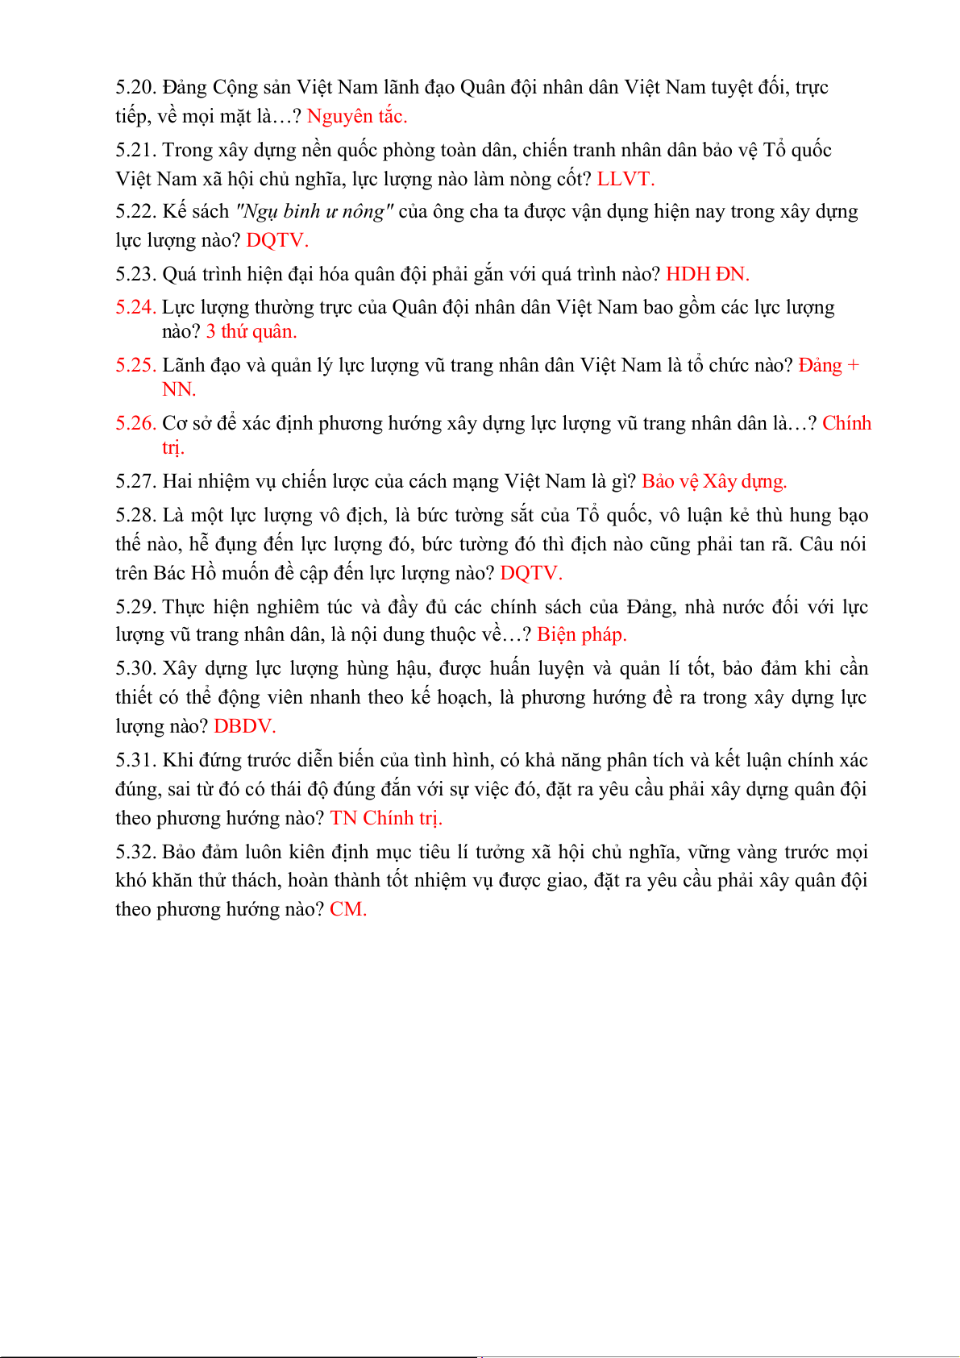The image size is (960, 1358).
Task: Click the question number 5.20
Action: pos(135,87)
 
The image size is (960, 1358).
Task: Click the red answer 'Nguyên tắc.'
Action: pos(357,116)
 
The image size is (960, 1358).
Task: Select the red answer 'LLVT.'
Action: pos(625,179)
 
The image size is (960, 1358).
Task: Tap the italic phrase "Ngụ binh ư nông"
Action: pos(314,211)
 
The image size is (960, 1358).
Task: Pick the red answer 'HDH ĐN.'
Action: pos(707,274)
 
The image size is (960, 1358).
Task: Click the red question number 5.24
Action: pos(135,307)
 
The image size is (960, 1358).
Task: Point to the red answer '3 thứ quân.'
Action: pos(251,331)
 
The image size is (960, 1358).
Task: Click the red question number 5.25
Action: pos(135,365)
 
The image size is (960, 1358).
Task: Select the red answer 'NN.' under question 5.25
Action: pos(179,389)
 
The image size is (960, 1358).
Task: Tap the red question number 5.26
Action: pos(135,423)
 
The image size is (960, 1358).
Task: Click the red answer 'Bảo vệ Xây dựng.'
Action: pos(714,481)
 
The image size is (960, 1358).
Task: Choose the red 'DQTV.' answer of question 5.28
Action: pos(531,573)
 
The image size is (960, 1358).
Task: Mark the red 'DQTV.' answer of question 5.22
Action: pos(277,240)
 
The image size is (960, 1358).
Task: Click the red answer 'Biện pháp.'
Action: pos(581,634)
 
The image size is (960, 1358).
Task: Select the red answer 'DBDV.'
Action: pos(245,726)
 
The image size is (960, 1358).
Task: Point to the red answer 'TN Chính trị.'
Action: pos(386,818)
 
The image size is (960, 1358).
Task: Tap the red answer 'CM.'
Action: pos(348,909)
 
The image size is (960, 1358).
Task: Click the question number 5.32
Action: pos(135,852)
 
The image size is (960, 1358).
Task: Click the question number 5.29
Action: pos(135,607)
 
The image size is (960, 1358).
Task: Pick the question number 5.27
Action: pos(135,481)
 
